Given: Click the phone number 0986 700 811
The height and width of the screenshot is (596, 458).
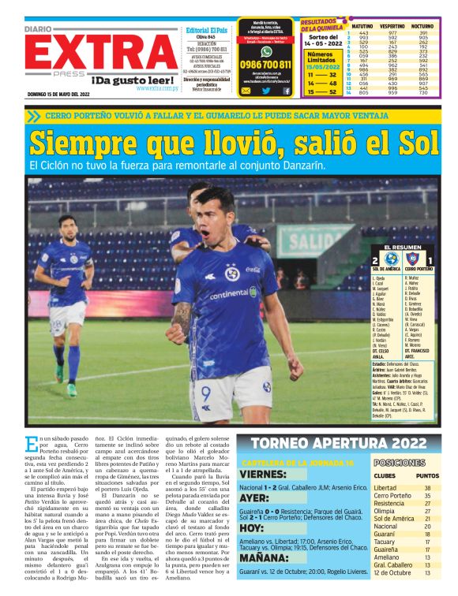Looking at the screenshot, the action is pos(265,65).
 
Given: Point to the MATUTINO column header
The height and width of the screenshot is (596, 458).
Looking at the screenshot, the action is pos(361,25).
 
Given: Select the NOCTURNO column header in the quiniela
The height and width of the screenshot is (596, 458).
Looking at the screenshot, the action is pos(422,25).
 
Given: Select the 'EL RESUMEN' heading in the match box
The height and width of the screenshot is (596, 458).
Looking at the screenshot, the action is pos(402,247).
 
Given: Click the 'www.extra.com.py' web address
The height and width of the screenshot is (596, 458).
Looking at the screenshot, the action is pos(157,88).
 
